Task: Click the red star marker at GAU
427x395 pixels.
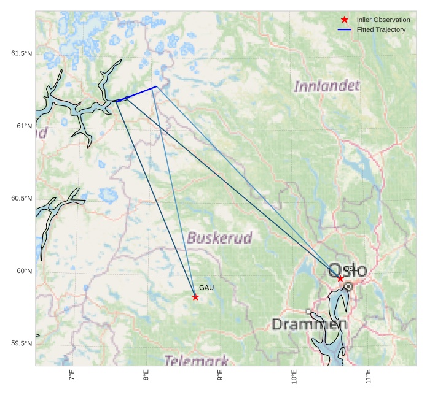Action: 195,297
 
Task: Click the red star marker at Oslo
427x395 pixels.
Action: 340,278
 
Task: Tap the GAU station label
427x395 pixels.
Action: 206,288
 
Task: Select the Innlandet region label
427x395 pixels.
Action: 326,86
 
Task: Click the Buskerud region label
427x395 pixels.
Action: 219,238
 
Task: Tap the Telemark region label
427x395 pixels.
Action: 197,361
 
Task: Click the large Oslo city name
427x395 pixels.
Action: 348,270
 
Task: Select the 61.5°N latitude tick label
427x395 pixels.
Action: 22,54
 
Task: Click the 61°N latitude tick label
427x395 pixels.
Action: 23,126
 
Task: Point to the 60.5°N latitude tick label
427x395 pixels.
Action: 22,199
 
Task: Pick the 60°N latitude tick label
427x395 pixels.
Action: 23,271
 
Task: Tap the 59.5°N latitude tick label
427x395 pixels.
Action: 22,343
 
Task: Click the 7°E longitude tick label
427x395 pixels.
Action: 72,376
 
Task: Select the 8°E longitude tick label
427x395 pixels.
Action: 146,376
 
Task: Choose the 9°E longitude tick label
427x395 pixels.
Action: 220,376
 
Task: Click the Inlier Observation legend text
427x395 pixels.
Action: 383,20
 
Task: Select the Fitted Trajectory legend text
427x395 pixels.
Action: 381,30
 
